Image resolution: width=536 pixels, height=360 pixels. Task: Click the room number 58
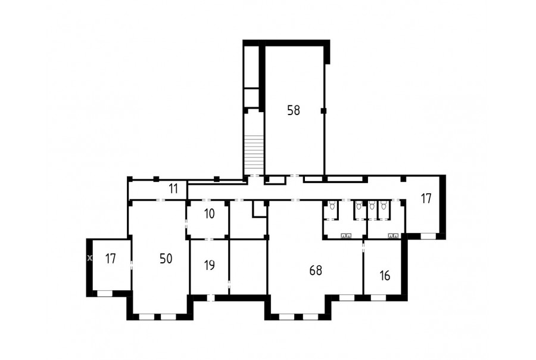coord(294,110)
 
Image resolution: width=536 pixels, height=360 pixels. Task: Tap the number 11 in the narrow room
coord(173,188)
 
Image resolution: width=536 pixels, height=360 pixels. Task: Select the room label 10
coord(209,214)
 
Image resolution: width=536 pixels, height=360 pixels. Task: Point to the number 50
coord(166,259)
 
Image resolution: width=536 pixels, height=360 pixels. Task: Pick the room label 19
coord(209,265)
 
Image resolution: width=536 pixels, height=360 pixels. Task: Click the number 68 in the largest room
coord(316,271)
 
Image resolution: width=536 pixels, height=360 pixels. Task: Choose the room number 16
coord(385,275)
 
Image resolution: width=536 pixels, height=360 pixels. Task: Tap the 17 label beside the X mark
coord(110,259)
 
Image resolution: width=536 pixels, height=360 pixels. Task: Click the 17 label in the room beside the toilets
coord(426,198)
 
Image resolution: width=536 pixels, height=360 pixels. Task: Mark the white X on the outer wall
coord(89,258)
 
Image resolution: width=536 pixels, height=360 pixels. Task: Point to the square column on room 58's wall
coord(323,110)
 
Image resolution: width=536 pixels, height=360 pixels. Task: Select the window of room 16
coord(378,298)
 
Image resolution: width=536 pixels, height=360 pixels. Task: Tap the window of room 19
coord(211,298)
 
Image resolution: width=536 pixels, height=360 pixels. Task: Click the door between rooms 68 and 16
coord(363,246)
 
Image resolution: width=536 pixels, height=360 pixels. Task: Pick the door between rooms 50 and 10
coord(186,224)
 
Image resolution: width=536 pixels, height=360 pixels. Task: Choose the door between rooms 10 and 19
coord(209,239)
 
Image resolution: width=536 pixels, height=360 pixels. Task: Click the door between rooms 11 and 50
coord(161,200)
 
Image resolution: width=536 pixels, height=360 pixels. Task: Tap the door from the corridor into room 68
coord(296,200)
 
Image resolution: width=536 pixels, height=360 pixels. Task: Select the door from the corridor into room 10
coord(207,200)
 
